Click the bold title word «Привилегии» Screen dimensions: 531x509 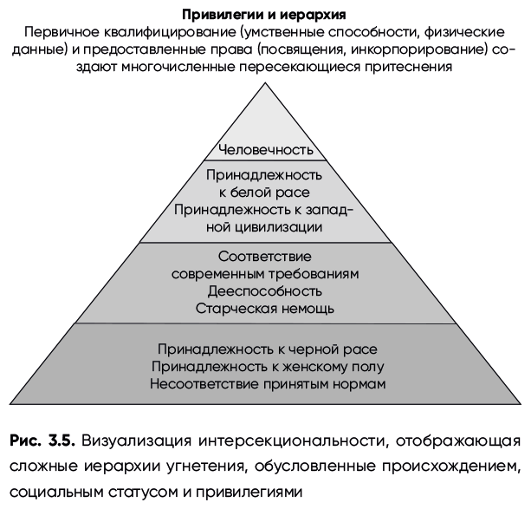224,16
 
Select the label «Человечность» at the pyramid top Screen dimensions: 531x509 265,149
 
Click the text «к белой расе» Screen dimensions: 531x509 264,193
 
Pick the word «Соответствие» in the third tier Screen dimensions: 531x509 264,257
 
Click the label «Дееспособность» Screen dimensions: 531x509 265,291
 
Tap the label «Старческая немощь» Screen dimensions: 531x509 265,309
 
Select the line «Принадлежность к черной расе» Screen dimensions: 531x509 268,349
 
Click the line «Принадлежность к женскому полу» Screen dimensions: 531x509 268,367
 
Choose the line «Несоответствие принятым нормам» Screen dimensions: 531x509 268,384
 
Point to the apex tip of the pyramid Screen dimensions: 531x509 265,82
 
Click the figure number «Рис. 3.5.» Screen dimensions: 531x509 42,440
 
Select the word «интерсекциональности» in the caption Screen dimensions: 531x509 294,441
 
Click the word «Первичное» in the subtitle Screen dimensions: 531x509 62,33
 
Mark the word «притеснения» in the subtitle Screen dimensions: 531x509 408,67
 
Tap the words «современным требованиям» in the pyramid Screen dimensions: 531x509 265,274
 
